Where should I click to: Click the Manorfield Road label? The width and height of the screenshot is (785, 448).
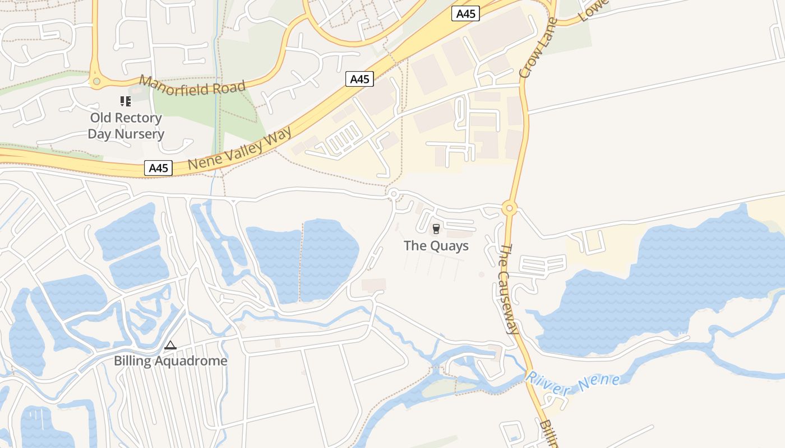pos(192,86)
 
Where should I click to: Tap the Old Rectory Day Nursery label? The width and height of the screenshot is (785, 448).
pos(126,126)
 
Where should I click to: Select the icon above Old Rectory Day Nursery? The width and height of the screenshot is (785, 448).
pos(126,101)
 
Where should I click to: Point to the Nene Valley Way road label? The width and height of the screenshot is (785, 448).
pos(240,149)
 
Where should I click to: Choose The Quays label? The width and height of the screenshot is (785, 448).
pos(436,246)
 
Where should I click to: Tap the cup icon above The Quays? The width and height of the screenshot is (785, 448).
pos(436,229)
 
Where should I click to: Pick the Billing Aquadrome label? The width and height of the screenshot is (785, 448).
pos(170,361)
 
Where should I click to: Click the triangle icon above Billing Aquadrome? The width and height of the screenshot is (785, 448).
pos(170,346)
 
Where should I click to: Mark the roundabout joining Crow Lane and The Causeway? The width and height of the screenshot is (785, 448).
pos(509,208)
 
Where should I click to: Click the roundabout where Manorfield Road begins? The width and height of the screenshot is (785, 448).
pos(96,82)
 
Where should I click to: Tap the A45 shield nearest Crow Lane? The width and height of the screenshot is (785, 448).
pos(465,13)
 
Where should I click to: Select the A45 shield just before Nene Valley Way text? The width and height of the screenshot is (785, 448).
pos(158,167)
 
